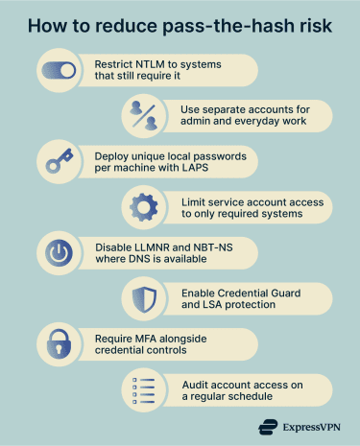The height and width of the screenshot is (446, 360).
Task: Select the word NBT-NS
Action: coord(217,246)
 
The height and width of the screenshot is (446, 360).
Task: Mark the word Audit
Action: coord(197,384)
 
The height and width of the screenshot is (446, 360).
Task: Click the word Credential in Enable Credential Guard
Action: coord(246,292)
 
